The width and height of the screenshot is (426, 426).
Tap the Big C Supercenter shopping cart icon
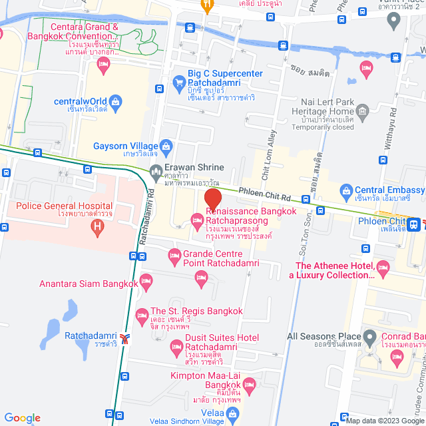(178, 83)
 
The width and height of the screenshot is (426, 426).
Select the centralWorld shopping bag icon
(116, 102)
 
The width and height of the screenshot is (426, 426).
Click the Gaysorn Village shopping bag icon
(166, 146)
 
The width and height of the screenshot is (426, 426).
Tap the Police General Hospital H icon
(99, 228)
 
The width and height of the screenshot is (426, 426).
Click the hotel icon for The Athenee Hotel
(382, 268)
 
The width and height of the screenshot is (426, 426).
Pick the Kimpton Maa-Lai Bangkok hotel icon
(249, 385)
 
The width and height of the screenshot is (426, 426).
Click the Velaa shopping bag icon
(232, 415)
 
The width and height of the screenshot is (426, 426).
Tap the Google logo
(21, 417)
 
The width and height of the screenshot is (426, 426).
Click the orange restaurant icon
(207, 5)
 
